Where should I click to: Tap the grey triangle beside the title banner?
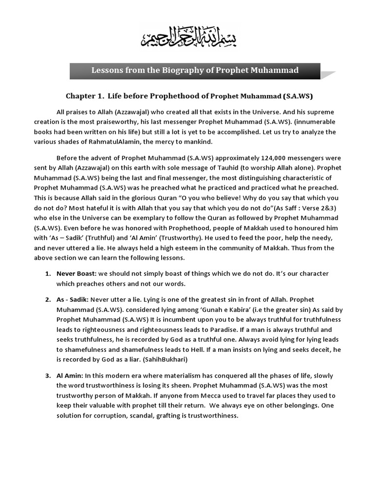point(328,75)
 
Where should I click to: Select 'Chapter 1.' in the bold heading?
point(85,96)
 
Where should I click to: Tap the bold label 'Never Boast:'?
point(75,273)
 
